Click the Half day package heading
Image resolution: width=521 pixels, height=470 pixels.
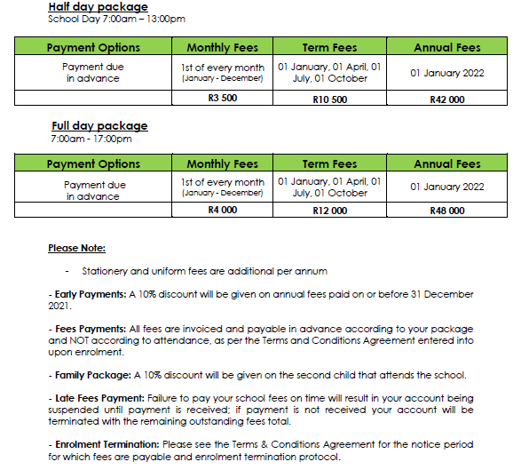pyautogui.click(x=98, y=7)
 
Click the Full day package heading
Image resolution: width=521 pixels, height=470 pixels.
pyautogui.click(x=99, y=126)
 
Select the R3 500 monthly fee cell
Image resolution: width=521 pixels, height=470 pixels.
pyautogui.click(x=222, y=100)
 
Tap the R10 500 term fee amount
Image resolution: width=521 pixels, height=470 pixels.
pyautogui.click(x=329, y=100)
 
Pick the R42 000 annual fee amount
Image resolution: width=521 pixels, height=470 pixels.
pyautogui.click(x=446, y=100)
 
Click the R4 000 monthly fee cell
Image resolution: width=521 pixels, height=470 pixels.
pyautogui.click(x=222, y=211)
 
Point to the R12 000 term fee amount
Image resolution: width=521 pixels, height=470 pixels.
pyautogui.click(x=329, y=211)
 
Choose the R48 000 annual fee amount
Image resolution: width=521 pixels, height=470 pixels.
pyautogui.click(x=446, y=211)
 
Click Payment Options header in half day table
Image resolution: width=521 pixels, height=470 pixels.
pyautogui.click(x=93, y=47)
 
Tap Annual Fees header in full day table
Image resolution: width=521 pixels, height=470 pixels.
pyautogui.click(x=446, y=163)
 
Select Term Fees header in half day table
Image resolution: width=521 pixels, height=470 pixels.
pyautogui.click(x=329, y=47)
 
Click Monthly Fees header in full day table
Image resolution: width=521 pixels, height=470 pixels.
pyautogui.click(x=222, y=163)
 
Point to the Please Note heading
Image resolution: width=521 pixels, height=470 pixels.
pyautogui.click(x=76, y=248)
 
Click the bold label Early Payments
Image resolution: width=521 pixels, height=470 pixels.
pyautogui.click(x=78, y=294)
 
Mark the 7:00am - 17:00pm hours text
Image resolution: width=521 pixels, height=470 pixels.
pyautogui.click(x=91, y=139)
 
